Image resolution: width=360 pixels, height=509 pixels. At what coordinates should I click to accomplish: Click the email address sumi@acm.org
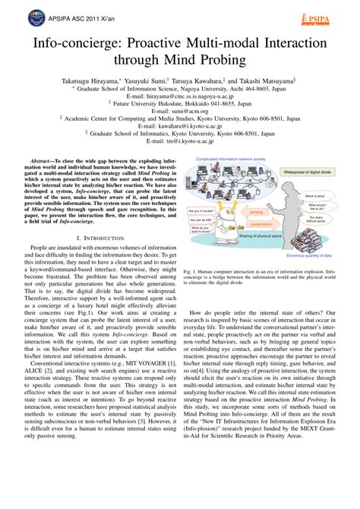point(180,112)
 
